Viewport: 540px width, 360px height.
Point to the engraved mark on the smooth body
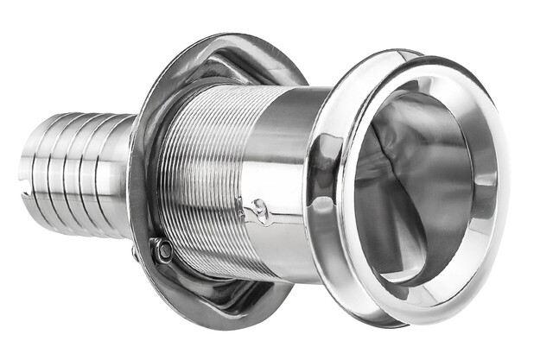click(x=258, y=207)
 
